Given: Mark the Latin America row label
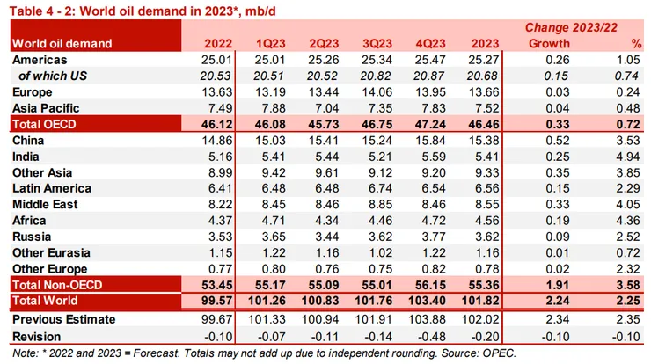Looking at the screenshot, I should tap(51, 188).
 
